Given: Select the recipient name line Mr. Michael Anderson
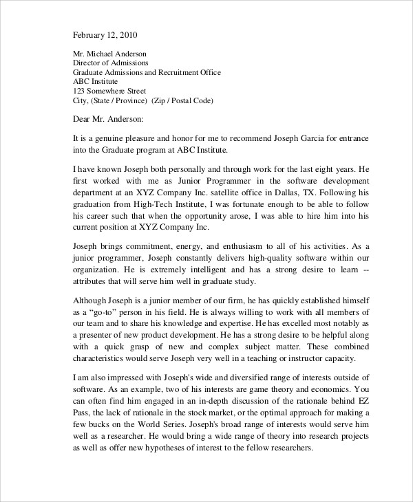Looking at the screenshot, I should [109, 53].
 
